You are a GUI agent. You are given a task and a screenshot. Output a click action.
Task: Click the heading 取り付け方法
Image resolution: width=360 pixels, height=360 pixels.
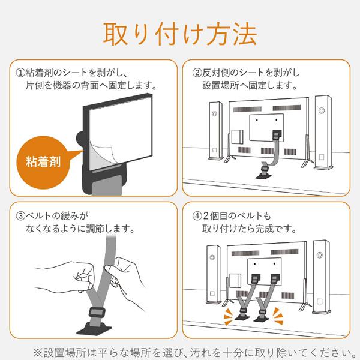pyautogui.click(x=180, y=33)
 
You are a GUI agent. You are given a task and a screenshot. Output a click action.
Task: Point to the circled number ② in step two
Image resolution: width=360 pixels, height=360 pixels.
pyautogui.click(x=197, y=73)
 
